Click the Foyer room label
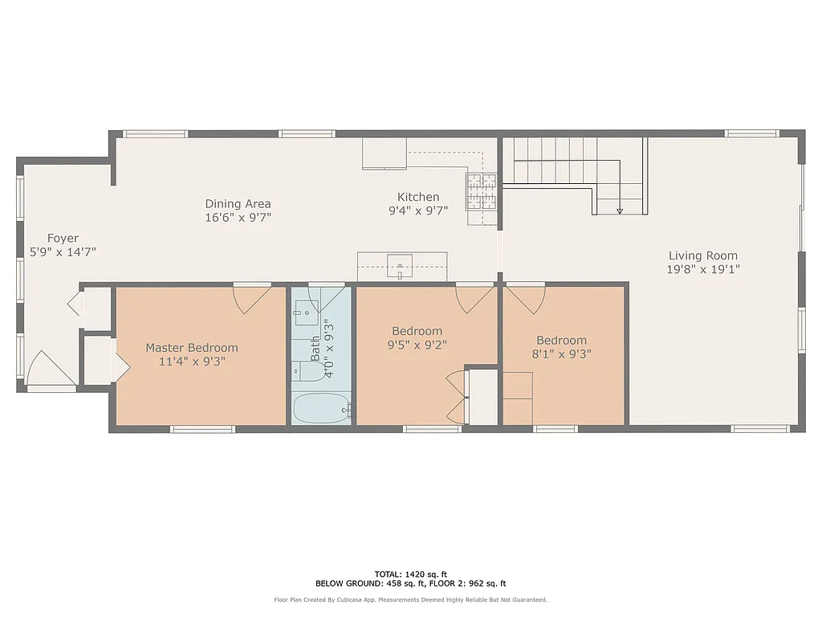(x=63, y=238)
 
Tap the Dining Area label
(x=238, y=203)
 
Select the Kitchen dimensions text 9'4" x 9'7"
(x=418, y=210)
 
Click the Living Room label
(x=702, y=255)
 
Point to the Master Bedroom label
(x=191, y=348)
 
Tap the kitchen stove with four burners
(x=482, y=191)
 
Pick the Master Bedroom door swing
(x=252, y=298)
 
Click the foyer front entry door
(x=50, y=371)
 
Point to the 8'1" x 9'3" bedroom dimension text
(x=562, y=353)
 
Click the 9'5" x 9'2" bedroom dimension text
(x=417, y=345)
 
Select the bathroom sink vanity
(x=304, y=312)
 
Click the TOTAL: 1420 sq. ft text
(x=410, y=574)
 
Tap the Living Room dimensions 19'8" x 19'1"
(x=702, y=269)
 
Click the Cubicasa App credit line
(x=410, y=599)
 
